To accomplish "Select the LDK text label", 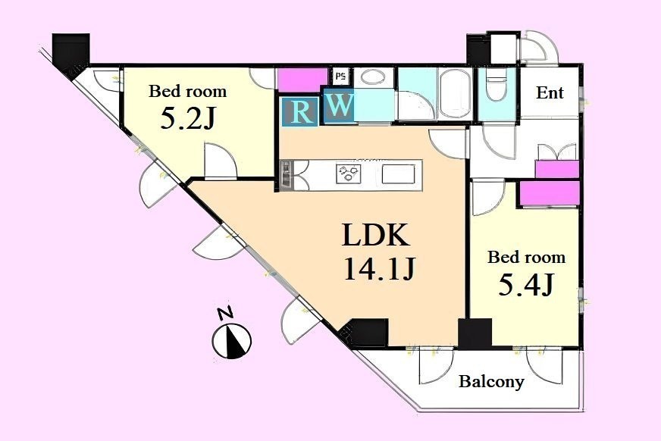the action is [376, 235].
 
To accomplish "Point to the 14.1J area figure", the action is [381, 268].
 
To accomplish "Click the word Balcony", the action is [491, 382].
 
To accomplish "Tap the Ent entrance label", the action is [550, 92].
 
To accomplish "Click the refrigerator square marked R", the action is [299, 111].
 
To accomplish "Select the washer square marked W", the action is [339, 105].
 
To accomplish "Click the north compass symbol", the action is [231, 341].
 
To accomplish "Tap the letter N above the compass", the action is [226, 314].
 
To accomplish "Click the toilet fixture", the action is [497, 86].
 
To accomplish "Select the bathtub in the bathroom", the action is [455, 92].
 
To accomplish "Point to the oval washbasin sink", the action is [373, 77].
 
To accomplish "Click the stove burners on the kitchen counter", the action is [349, 174].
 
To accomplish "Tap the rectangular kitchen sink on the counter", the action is [399, 174].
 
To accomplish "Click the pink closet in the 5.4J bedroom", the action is [550, 194].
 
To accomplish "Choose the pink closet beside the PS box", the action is [302, 80].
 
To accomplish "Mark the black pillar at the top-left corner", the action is [70, 52].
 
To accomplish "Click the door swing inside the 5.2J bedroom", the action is [221, 161].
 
